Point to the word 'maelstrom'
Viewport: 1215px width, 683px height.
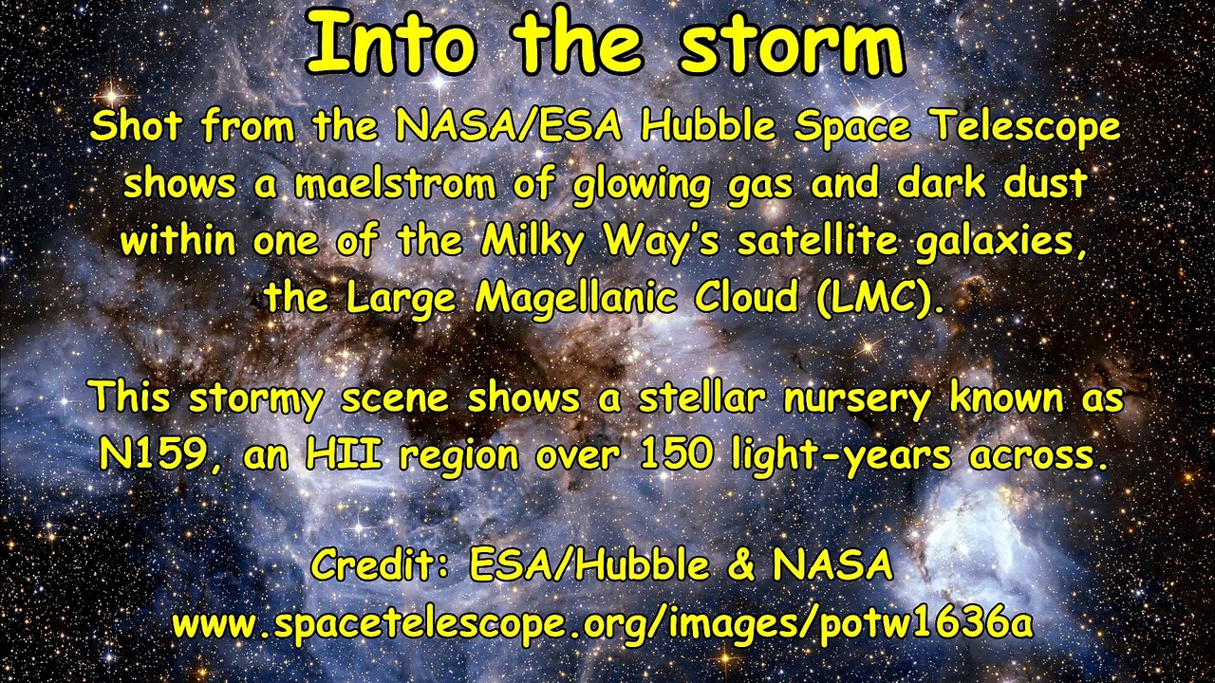(x=394, y=184)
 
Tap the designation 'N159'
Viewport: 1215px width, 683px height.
(x=152, y=455)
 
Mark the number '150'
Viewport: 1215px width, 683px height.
(x=673, y=455)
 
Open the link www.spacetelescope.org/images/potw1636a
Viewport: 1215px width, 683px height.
(x=602, y=623)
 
